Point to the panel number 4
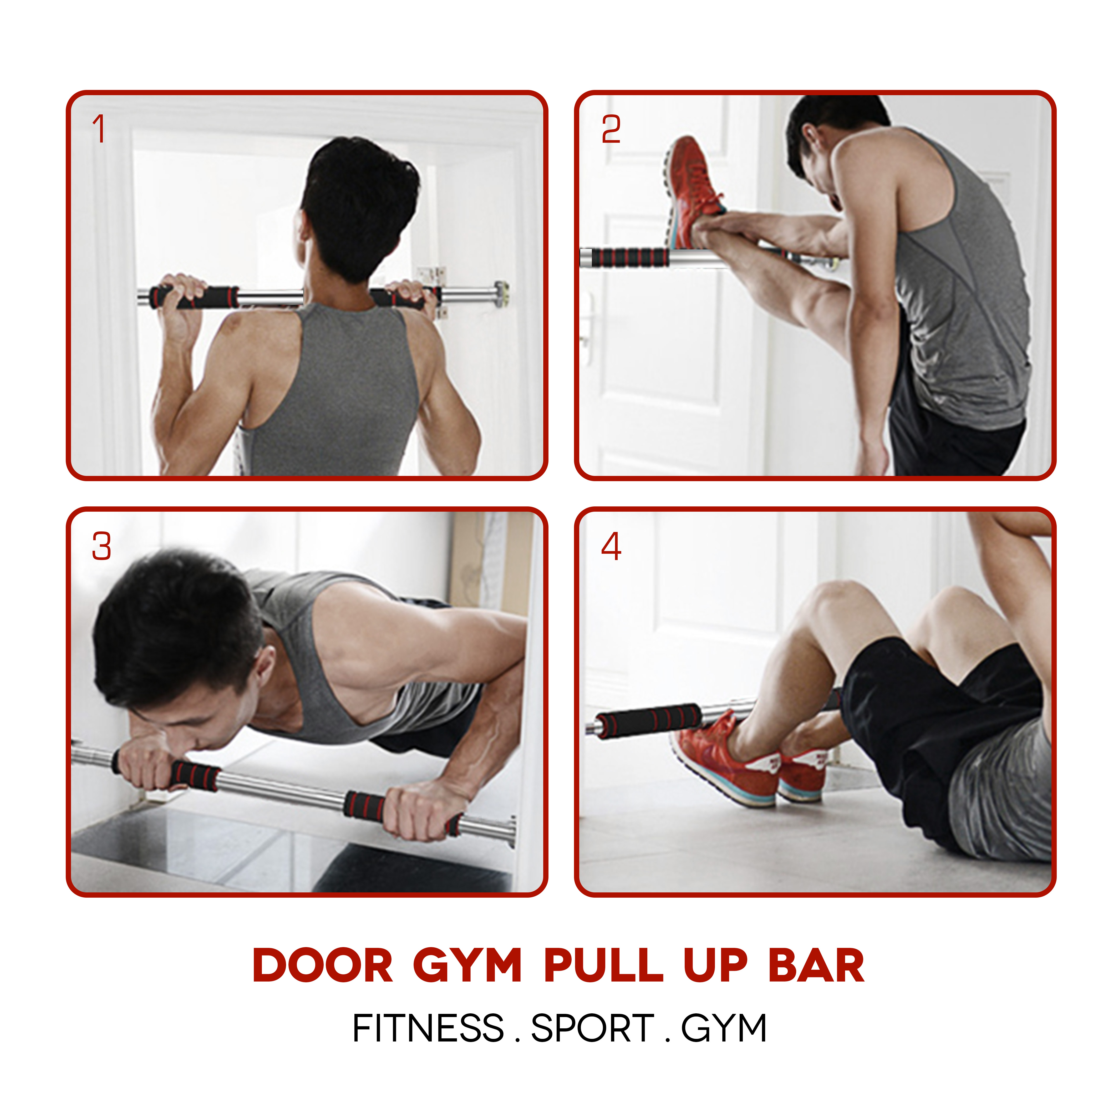click(x=611, y=546)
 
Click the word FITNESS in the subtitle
click(x=428, y=1028)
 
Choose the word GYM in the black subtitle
click(x=724, y=1028)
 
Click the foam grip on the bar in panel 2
click(x=631, y=257)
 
